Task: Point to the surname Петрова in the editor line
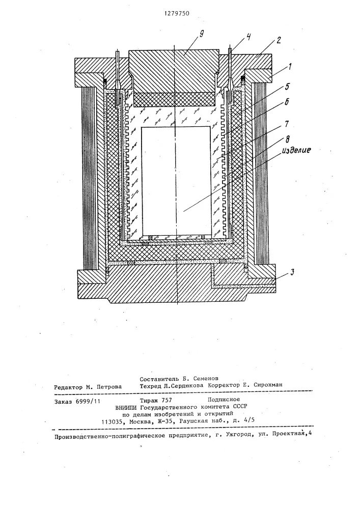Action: click(108, 387)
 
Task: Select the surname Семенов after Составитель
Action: click(203, 379)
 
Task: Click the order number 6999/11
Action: click(89, 402)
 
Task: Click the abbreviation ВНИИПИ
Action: click(127, 408)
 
